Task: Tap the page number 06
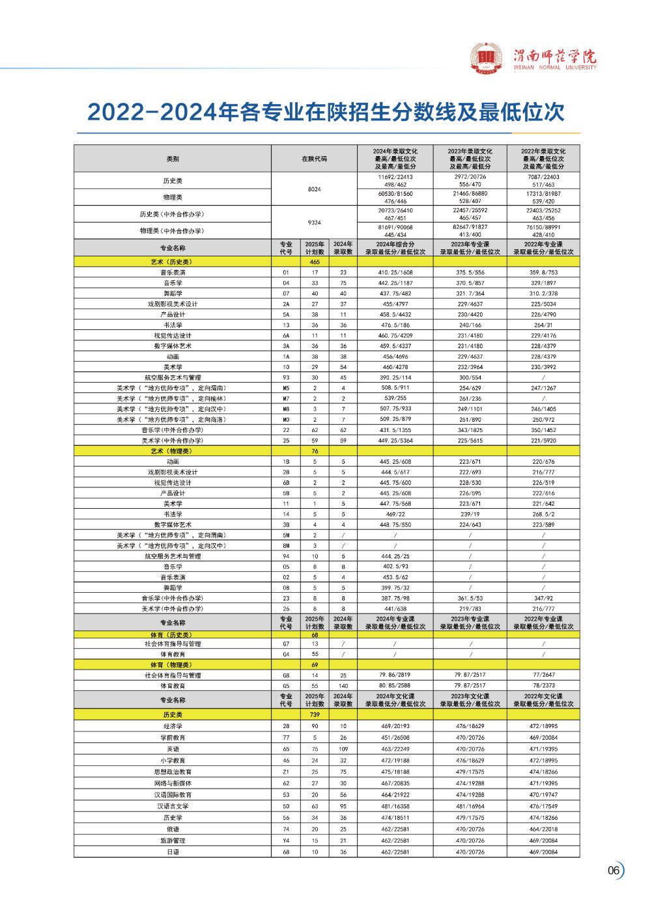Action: (613, 871)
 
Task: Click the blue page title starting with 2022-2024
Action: (326, 112)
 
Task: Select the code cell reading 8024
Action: (314, 189)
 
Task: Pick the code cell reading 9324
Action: (314, 223)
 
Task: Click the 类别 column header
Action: (173, 158)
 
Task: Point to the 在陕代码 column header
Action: (314, 158)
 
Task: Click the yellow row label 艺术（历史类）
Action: (173, 262)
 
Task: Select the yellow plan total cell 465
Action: (315, 262)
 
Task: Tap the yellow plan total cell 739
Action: (315, 714)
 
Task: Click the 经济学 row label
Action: (173, 726)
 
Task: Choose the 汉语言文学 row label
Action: (173, 806)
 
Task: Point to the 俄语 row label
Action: (173, 829)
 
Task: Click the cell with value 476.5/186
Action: (395, 325)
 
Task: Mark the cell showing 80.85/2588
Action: (395, 686)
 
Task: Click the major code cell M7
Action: (285, 398)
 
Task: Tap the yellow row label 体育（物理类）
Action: (173, 665)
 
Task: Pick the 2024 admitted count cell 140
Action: (343, 686)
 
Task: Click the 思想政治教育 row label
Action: (173, 772)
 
